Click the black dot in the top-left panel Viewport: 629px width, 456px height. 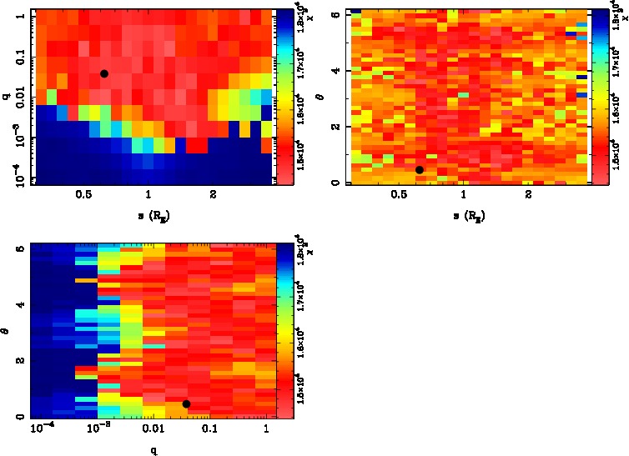click(x=104, y=73)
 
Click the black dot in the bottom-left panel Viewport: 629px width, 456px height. click(x=186, y=403)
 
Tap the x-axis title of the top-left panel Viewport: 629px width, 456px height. click(x=148, y=216)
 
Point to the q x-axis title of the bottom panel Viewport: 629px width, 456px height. click(x=153, y=449)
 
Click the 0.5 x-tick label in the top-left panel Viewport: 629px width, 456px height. click(x=83, y=195)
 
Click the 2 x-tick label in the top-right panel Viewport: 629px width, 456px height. click(x=528, y=195)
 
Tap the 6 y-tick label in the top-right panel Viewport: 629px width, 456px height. click(x=335, y=15)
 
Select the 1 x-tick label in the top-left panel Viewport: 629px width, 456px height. click(x=148, y=195)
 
